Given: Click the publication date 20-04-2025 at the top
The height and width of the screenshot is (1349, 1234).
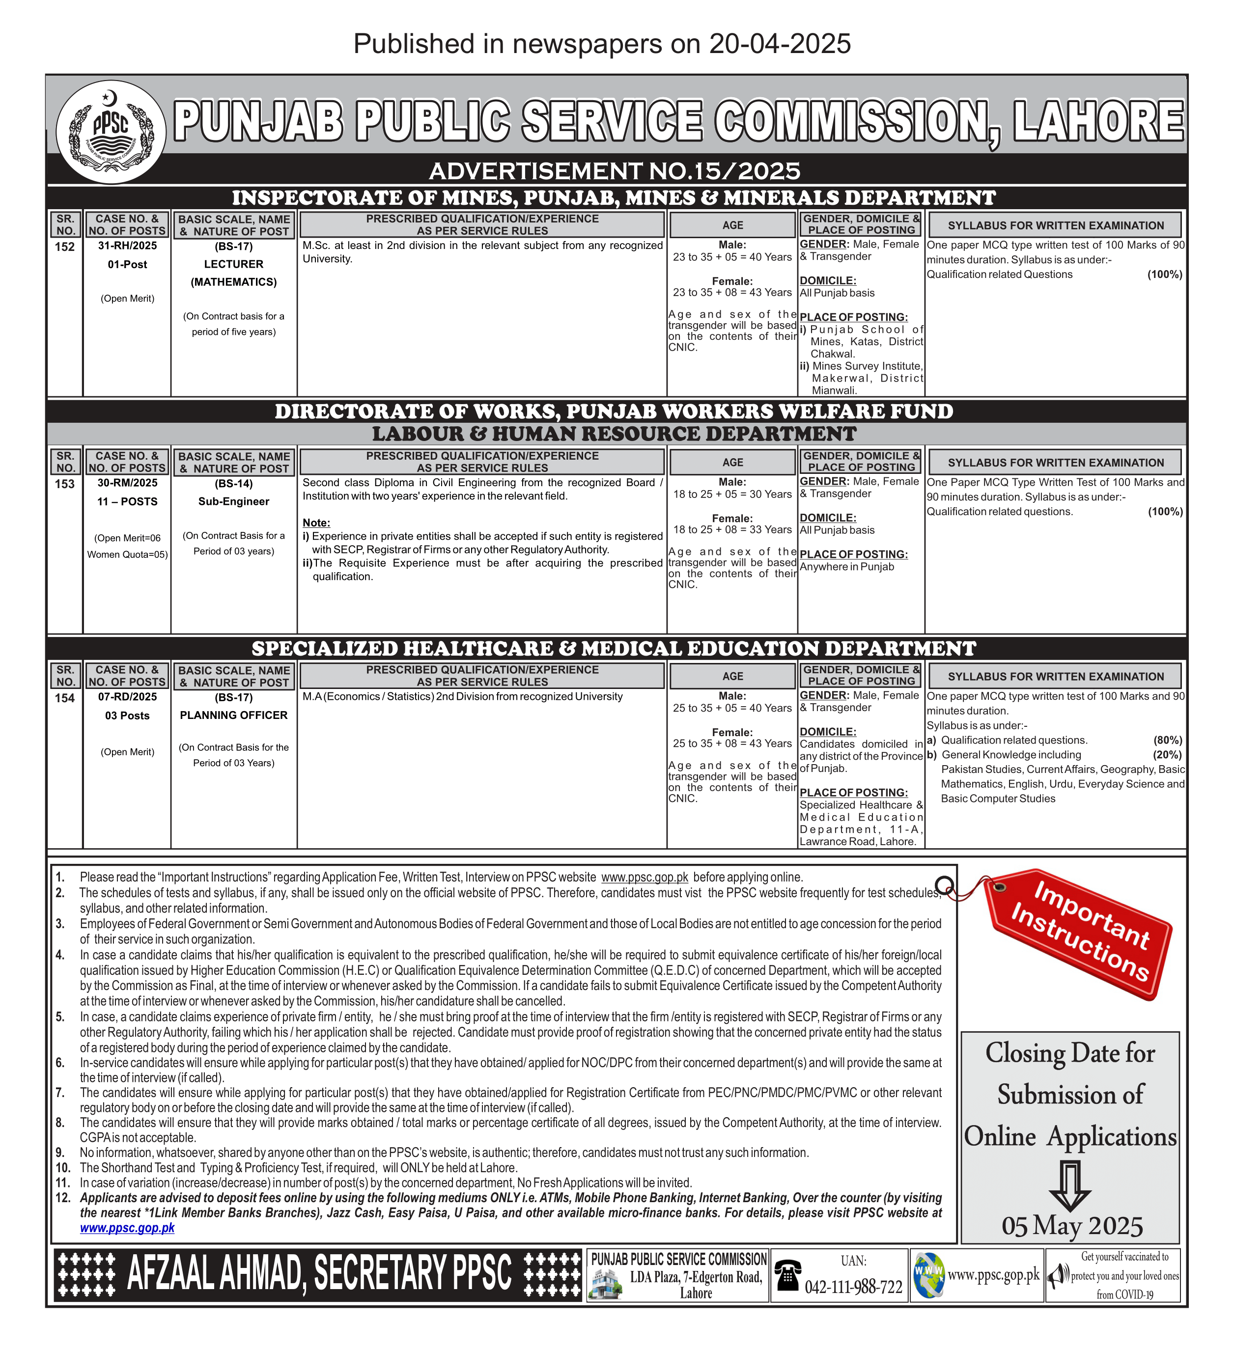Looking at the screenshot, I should pos(780,44).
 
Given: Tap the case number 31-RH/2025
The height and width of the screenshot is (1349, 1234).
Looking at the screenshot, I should pos(127,246).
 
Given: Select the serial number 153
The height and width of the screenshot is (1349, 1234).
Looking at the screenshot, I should pos(65,484).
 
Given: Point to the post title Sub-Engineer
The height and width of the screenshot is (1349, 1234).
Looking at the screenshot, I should pos(233,501).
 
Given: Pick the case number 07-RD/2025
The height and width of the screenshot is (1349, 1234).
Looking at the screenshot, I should pos(127,696).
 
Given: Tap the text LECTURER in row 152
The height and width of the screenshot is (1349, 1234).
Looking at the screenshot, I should pos(233,264).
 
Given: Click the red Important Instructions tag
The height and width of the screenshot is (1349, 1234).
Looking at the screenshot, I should pos(1079,934).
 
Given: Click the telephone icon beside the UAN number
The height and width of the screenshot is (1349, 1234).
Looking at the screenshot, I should pos(787,1275).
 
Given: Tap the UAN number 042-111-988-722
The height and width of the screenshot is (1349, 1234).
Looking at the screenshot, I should pos(853,1287).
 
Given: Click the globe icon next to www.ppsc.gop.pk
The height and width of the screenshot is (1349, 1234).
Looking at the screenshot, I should pos(929,1275).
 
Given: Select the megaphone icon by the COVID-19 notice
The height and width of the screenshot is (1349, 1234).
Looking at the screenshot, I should pos(1058,1275).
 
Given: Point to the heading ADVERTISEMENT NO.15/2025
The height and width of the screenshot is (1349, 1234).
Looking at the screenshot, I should pos(615,171).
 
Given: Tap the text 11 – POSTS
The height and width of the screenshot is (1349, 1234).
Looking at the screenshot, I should pos(127,501).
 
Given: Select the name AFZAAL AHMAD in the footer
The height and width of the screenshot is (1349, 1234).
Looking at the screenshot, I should pos(214,1273).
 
